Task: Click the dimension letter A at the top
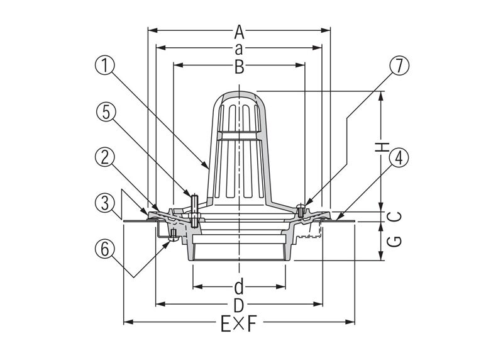click(239, 30)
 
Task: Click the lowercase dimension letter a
click(239, 48)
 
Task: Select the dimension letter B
click(239, 67)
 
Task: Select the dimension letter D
click(239, 306)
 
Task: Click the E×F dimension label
click(239, 324)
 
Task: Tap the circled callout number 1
click(108, 65)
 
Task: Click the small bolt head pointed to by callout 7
click(302, 206)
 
